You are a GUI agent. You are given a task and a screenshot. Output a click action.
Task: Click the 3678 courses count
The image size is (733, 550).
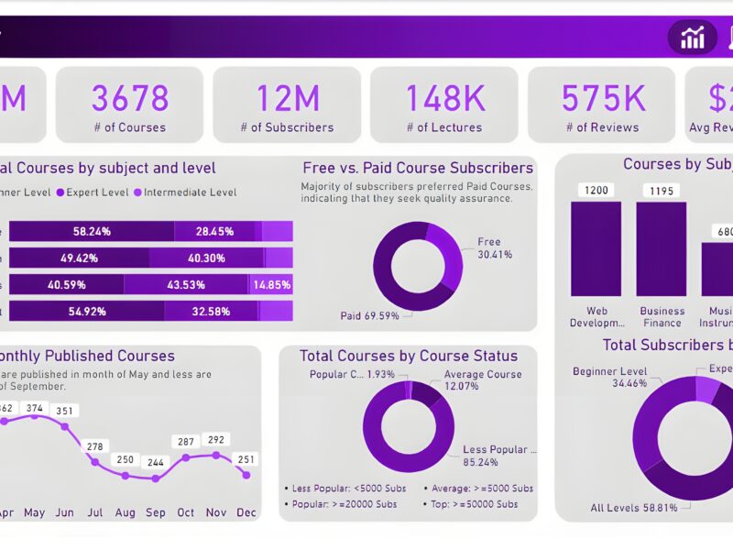129,97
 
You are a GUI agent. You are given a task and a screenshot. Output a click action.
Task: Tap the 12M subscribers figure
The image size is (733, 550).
287,97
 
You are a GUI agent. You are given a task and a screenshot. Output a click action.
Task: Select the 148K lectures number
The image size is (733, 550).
444,97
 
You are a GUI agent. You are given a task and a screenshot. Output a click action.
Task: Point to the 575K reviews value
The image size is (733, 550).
602,97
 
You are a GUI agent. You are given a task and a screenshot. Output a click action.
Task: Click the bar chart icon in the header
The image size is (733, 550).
692,38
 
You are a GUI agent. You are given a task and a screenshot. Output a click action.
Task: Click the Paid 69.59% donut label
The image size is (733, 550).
369,315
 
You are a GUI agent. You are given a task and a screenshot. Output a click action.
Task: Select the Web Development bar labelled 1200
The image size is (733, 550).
596,248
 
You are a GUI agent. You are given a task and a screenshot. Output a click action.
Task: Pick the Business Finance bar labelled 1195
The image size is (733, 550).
662,248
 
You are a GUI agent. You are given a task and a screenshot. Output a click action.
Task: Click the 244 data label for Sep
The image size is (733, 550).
156,463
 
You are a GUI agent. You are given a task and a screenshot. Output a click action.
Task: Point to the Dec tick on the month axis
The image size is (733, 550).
246,512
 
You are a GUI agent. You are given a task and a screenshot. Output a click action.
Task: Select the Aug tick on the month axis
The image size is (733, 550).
125,512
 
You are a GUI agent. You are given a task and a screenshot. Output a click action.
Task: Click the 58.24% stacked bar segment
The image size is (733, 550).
92,232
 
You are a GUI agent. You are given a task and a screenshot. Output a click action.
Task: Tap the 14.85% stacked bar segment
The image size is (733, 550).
271,285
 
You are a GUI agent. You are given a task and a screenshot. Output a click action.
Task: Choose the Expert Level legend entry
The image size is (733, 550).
94,192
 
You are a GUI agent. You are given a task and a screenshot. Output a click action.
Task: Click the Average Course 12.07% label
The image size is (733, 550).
483,379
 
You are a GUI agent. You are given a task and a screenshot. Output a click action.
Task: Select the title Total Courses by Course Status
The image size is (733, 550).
409,356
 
